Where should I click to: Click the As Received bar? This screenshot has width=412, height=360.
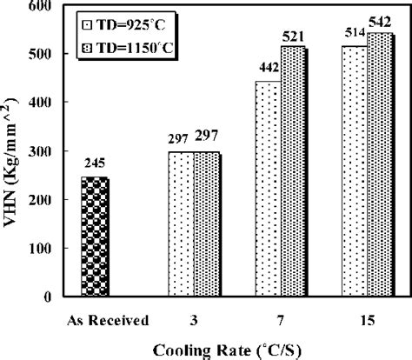pos(93,237)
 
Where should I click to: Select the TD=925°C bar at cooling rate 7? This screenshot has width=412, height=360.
pos(267,189)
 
